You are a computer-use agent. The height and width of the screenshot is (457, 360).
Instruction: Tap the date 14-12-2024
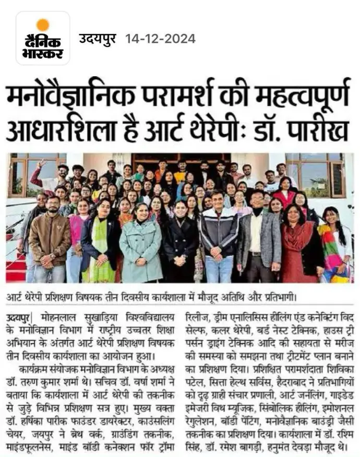pyautogui.click(x=160, y=39)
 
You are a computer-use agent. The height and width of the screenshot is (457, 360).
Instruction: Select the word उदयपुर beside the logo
pyautogui.click(x=100, y=39)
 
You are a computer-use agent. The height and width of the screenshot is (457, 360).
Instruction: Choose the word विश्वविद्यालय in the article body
pyautogui.click(x=141, y=317)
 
